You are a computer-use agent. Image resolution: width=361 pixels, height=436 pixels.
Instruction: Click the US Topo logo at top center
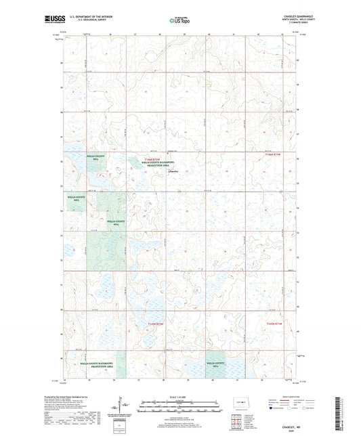(179, 20)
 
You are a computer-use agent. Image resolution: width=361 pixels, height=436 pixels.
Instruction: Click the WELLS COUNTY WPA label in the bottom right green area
(217, 364)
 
